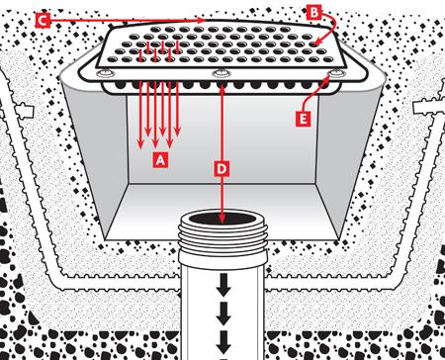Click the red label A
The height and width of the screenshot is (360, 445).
coord(160,160)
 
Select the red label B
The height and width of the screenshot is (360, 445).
coord(314,13)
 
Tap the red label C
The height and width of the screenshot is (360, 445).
coord(43,21)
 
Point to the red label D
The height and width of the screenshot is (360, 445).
coord(222,169)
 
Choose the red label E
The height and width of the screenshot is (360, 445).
coord(303,119)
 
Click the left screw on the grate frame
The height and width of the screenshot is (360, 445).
coord(106,72)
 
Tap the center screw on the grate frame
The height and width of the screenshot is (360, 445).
coord(221,73)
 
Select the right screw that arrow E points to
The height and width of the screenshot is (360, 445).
coord(335,73)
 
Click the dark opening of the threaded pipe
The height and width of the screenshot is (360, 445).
coord(222,219)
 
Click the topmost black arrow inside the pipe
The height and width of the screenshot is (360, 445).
coord(223,285)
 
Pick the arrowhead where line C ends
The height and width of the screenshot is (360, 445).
coord(202,20)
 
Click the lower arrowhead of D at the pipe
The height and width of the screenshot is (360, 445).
coord(222,218)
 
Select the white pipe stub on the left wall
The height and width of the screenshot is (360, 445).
coord(24,111)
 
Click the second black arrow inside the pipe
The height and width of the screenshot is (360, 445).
coord(223,313)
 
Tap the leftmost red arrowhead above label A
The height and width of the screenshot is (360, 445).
coord(140,144)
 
